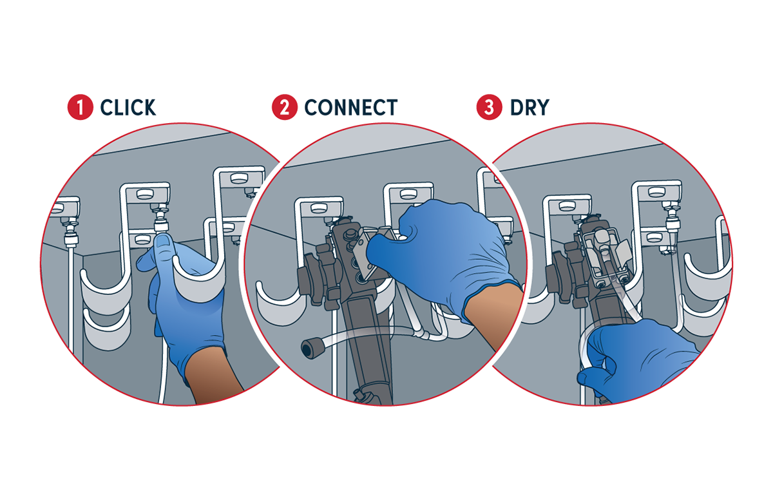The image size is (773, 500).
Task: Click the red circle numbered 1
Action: (80, 107)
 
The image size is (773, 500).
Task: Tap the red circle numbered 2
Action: (285, 107)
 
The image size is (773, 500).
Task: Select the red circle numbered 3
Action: (490, 107)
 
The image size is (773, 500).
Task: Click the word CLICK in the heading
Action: (128, 108)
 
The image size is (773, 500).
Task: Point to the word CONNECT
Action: (351, 108)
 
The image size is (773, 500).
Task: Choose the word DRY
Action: (530, 108)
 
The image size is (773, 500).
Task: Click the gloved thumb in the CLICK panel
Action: (164, 248)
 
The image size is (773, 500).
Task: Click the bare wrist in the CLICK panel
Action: (212, 376)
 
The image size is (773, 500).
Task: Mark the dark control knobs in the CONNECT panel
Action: (317, 276)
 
